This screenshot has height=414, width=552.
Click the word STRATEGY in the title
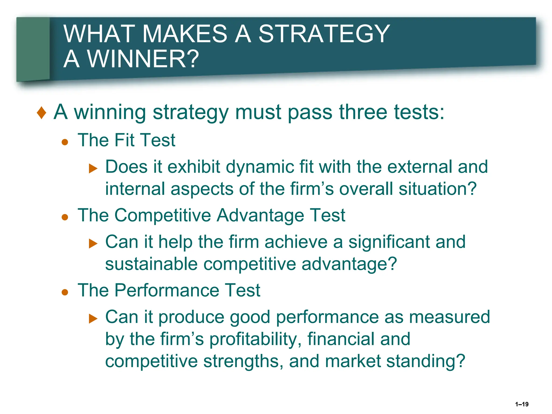pos(324,34)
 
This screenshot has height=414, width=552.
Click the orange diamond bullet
pos(42,113)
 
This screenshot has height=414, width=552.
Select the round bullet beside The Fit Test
pos(65,142)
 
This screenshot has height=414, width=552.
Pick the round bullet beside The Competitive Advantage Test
pos(65,217)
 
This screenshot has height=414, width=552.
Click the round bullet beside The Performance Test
pos(65,292)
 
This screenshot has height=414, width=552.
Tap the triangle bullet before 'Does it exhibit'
pos(93,169)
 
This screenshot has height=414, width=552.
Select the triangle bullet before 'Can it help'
pos(93,244)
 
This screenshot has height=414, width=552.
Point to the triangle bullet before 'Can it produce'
pos(93,319)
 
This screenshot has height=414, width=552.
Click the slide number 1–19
pos(522,404)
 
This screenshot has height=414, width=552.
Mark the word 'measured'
pos(450,317)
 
